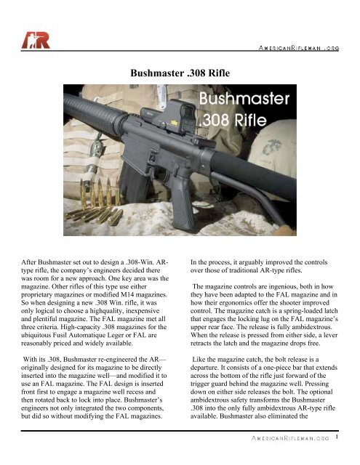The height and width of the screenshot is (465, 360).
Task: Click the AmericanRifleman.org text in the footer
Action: pyautogui.click(x=287, y=439)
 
